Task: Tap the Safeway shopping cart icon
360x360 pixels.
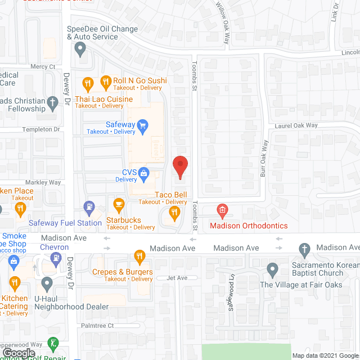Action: tap(143, 125)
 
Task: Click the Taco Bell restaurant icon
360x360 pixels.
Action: tap(174, 212)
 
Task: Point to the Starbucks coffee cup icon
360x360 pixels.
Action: tap(118, 203)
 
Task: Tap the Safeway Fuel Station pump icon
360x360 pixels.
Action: tap(89, 208)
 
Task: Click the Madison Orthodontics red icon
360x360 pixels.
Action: tap(222, 211)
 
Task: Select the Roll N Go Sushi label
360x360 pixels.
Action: tap(139, 80)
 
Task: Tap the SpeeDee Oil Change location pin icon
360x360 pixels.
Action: tap(80, 49)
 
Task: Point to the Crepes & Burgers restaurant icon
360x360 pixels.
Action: tap(139, 256)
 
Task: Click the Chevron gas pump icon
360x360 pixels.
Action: tap(56, 259)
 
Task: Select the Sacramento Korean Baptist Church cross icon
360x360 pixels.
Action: tap(304, 249)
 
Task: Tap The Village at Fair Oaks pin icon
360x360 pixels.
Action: tap(272, 269)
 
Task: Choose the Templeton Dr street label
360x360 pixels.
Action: tap(40, 129)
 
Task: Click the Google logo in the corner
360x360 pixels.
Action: tap(19, 353)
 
